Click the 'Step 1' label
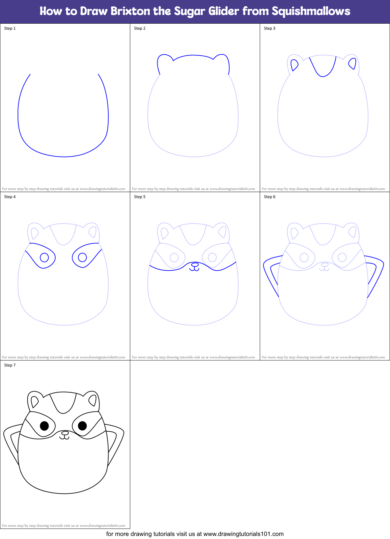point(10,28)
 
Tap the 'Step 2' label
point(140,28)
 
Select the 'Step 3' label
point(270,28)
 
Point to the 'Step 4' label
point(10,197)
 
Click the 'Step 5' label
point(140,197)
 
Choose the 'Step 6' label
point(270,197)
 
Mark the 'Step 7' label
point(10,365)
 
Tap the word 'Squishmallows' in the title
point(311,11)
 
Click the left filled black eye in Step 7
point(44,426)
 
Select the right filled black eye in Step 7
point(82,426)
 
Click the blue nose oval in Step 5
point(195,264)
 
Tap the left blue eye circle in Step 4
point(44,258)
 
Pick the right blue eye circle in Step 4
point(82,258)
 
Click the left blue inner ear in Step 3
point(294,64)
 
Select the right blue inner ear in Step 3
point(353,63)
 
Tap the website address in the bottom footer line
point(244,534)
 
